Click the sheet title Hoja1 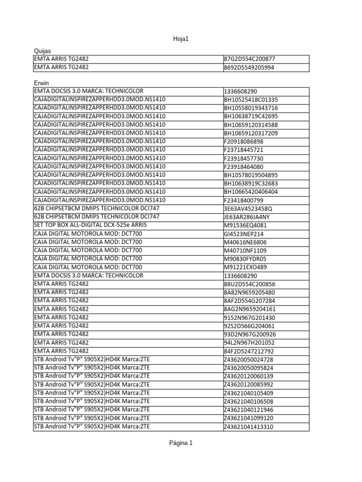[x=181, y=39]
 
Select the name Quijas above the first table [x=42, y=50]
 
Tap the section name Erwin [x=41, y=83]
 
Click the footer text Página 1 [x=181, y=443]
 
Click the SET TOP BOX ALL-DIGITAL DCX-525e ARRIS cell [x=90, y=225]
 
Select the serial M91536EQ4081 [x=245, y=225]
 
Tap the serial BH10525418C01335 [x=251, y=100]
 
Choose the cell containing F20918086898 [x=244, y=142]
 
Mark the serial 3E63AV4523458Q [x=248, y=209]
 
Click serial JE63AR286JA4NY [x=247, y=217]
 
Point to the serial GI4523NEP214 [x=244, y=234]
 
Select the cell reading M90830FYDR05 [x=245, y=259]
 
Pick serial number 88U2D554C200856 [x=249, y=284]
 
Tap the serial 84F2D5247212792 [x=249, y=352]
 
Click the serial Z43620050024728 [x=248, y=360]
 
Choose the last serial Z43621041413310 [x=248, y=427]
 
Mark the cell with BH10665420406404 [x=251, y=192]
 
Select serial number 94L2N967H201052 [x=249, y=343]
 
